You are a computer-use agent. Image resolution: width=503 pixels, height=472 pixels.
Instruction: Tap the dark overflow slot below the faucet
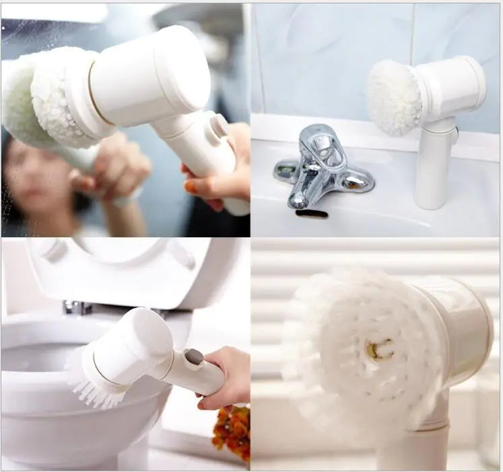(311, 214)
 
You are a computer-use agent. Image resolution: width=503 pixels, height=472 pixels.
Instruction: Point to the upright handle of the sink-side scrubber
(432, 168)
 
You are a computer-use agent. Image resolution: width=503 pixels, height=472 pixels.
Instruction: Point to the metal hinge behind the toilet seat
(77, 307)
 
